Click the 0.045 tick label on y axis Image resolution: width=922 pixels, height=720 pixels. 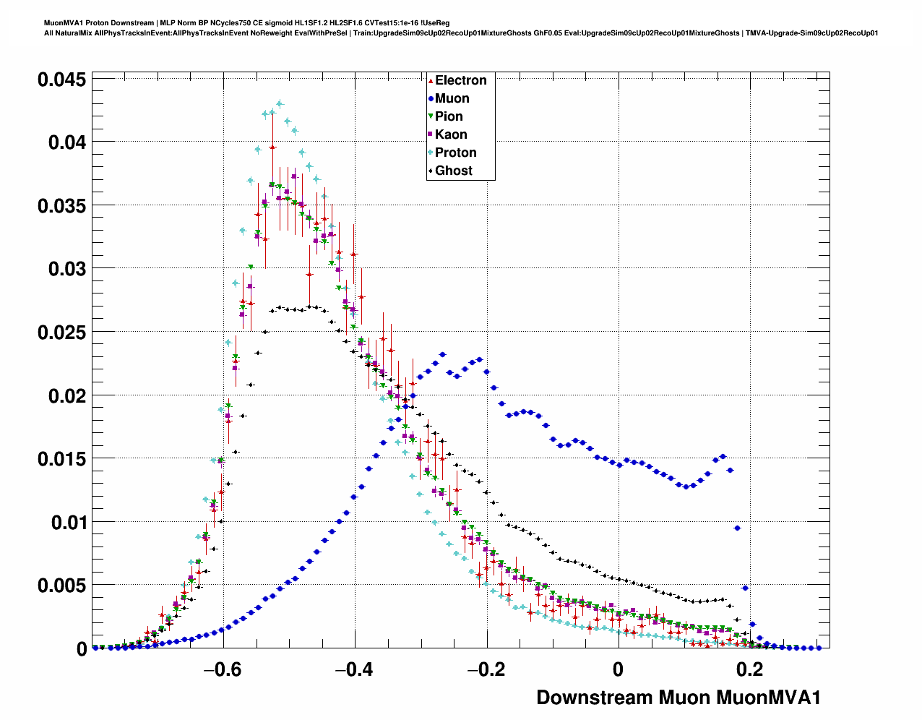(x=61, y=80)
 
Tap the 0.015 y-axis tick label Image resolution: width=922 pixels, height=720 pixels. (x=61, y=459)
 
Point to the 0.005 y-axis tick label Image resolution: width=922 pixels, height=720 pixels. (x=61, y=586)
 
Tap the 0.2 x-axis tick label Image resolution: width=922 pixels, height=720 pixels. (x=750, y=669)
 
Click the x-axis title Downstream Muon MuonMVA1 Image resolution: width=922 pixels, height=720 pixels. (x=678, y=698)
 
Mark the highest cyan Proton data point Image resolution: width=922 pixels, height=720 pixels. (x=280, y=103)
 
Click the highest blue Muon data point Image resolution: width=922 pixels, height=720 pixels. (x=443, y=355)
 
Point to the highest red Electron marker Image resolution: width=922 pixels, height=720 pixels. (x=272, y=147)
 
